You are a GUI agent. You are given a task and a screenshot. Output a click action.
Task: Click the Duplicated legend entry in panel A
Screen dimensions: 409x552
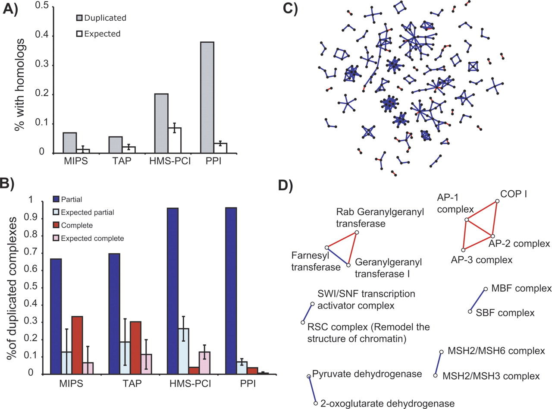click(x=101, y=18)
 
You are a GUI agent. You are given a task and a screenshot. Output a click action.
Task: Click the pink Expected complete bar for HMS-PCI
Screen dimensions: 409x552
click(x=204, y=363)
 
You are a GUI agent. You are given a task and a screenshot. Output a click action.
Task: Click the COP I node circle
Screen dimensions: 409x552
click(x=497, y=201)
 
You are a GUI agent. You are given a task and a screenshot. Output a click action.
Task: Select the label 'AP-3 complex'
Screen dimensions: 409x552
click(x=481, y=260)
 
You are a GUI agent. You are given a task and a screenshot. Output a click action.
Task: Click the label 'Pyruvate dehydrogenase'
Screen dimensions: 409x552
click(x=367, y=374)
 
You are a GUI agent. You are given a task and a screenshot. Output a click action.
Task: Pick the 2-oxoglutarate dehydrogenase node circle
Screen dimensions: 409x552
click(x=316, y=403)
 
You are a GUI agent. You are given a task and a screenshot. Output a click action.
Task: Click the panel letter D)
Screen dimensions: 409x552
click(x=288, y=186)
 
